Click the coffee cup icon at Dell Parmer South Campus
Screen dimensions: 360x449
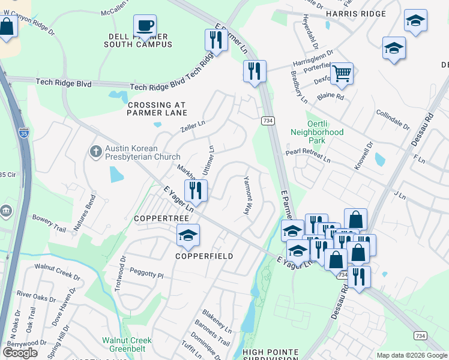point(145,26)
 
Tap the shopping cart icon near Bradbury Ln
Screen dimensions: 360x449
point(342,74)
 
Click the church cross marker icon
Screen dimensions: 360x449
point(95,152)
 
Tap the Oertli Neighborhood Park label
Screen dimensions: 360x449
point(317,136)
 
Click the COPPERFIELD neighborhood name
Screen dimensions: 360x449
point(203,256)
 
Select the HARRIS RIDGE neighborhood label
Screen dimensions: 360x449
point(348,13)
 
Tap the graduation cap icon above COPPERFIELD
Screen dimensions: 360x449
point(188,235)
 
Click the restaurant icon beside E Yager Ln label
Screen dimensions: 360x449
point(196,190)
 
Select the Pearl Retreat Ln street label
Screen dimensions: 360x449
point(308,157)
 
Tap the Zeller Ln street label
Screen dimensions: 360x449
point(193,127)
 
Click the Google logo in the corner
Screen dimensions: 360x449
point(20,353)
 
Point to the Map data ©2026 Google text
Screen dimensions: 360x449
point(411,355)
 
